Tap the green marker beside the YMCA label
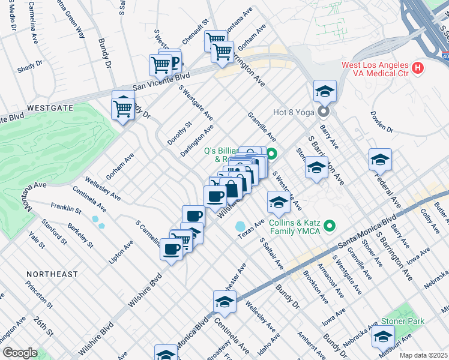(x=329, y=226)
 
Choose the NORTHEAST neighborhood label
(x=52, y=274)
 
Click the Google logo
(x=20, y=352)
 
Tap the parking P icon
(x=174, y=61)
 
